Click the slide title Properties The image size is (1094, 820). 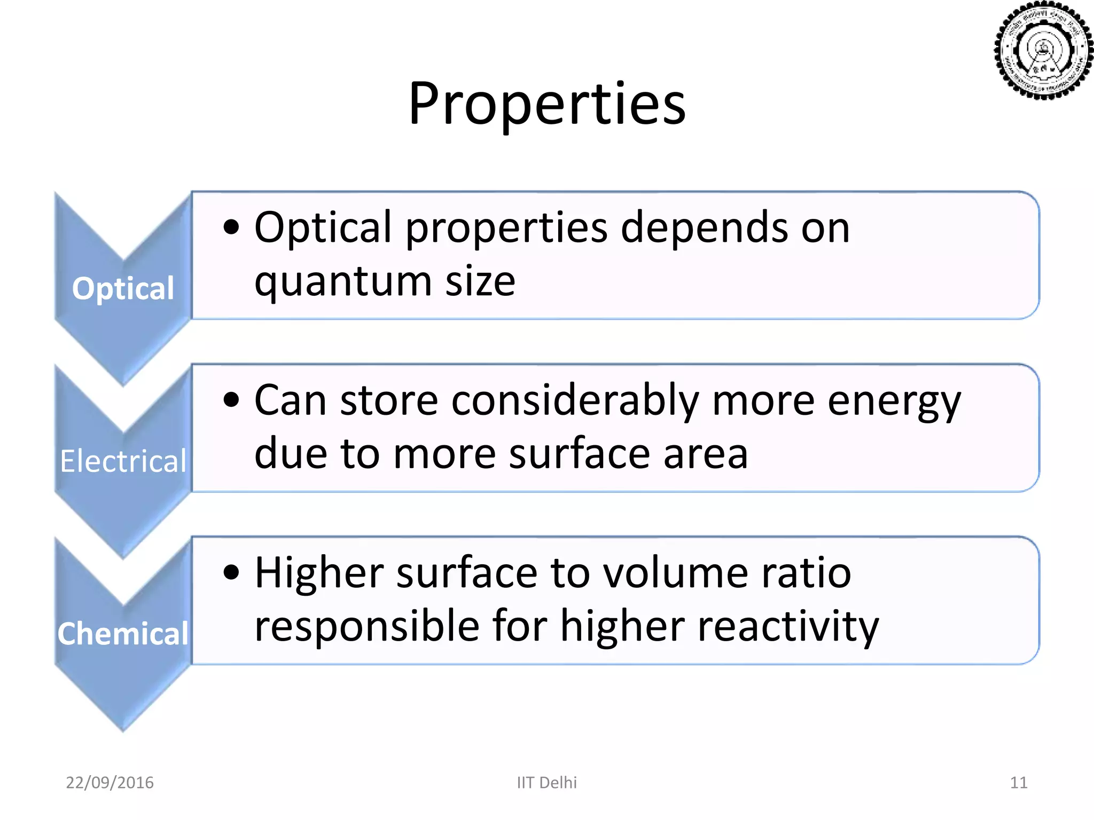[x=546, y=104]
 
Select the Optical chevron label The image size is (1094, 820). [x=123, y=289]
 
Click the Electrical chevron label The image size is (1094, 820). [x=123, y=461]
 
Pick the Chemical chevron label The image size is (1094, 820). [x=123, y=634]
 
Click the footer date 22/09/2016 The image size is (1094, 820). [x=110, y=783]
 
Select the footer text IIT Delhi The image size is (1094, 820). [x=546, y=783]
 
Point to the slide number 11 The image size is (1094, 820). [x=1018, y=783]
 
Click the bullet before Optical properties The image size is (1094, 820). [x=231, y=227]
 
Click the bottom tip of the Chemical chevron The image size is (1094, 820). [x=123, y=729]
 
